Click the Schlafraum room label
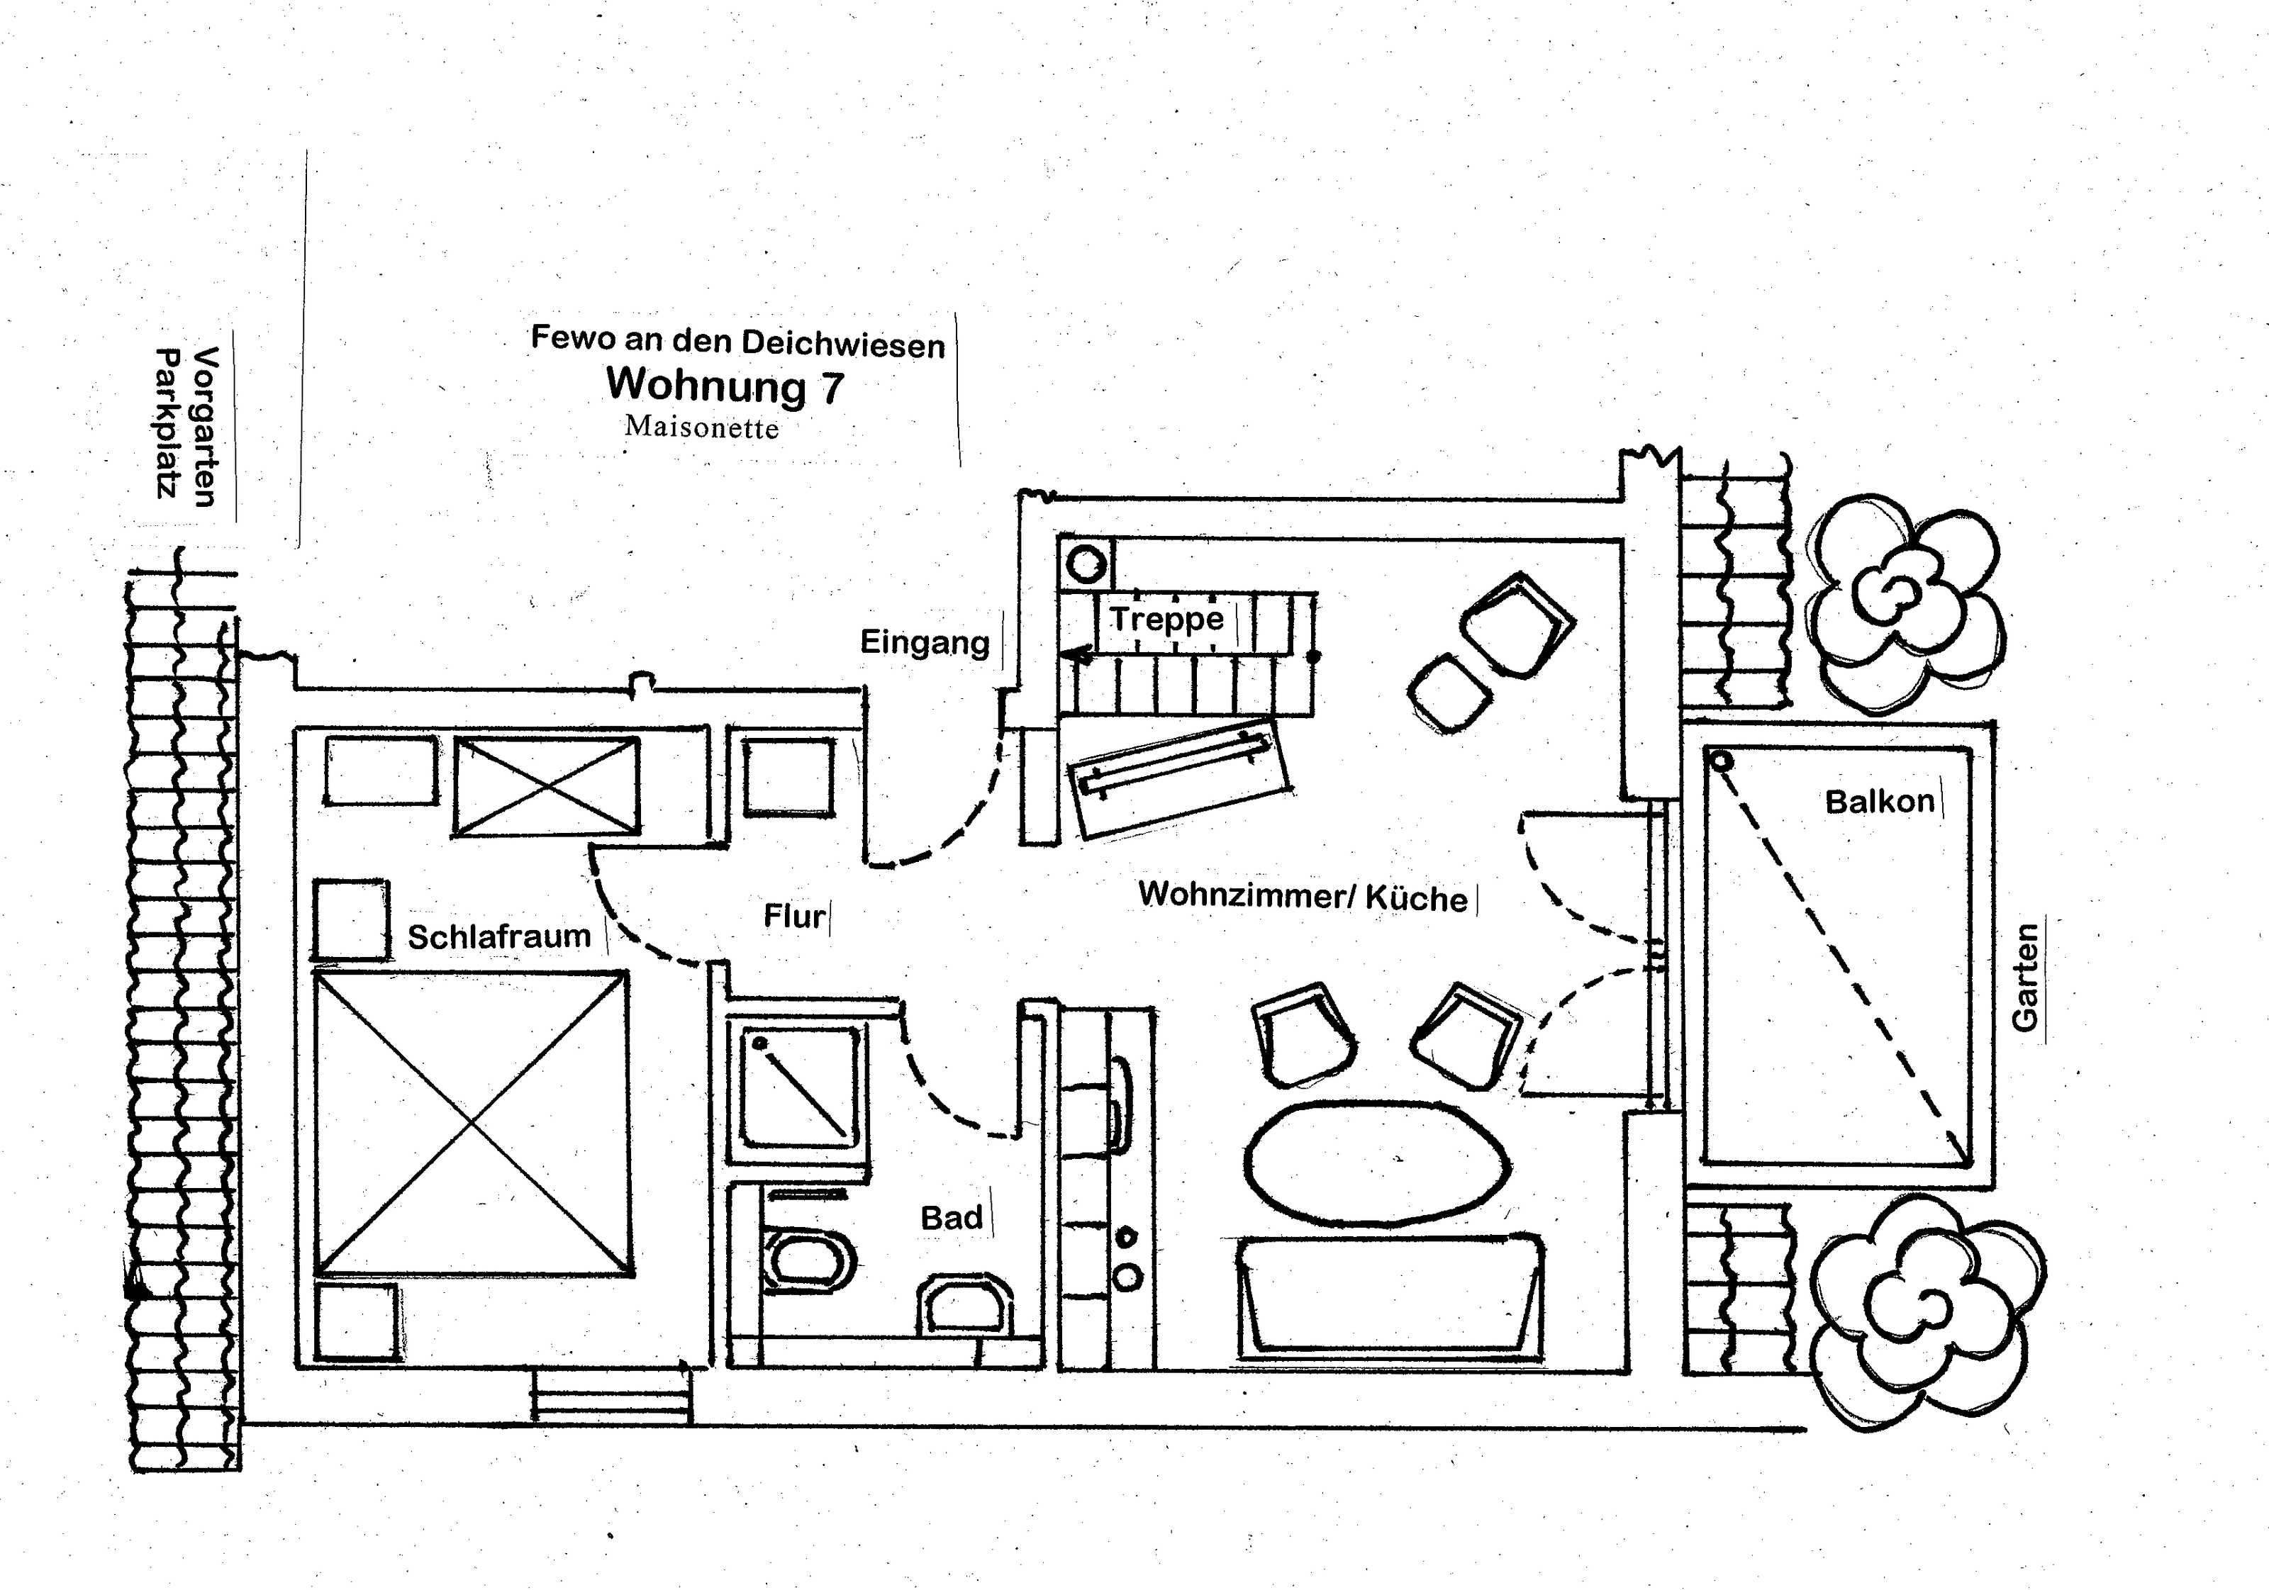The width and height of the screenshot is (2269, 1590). [x=499, y=936]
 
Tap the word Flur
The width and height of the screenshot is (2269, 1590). [x=793, y=916]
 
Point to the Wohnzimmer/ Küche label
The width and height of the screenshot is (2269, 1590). [x=1303, y=895]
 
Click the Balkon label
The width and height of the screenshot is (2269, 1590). [x=1880, y=800]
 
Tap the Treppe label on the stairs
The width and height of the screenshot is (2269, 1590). [x=1166, y=619]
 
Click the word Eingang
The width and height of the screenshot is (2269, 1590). [x=924, y=642]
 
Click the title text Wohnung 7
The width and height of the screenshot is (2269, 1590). [x=725, y=384]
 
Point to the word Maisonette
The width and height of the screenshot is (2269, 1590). [x=702, y=427]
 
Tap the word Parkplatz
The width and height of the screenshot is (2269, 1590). [x=167, y=423]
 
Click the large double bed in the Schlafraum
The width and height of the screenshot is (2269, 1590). [x=472, y=1124]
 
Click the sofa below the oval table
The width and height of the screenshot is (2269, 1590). [x=1390, y=1297]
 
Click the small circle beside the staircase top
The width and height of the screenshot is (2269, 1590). [x=1087, y=565]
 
